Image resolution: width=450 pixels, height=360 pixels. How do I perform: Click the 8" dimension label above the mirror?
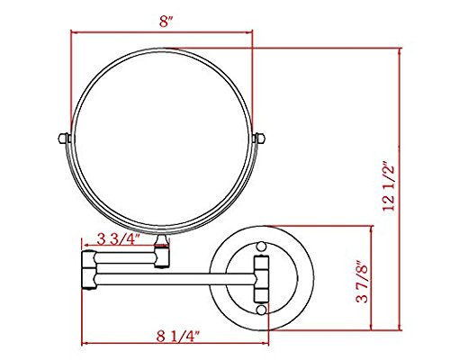pyautogui.click(x=166, y=22)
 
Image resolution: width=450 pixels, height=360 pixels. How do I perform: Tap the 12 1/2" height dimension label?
pyautogui.click(x=389, y=186)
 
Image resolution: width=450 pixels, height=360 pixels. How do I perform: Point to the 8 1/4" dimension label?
pyautogui.click(x=178, y=337)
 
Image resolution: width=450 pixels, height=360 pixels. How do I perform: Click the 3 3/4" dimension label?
pyautogui.click(x=119, y=239)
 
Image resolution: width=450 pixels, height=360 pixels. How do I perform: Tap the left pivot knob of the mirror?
pyautogui.click(x=64, y=138)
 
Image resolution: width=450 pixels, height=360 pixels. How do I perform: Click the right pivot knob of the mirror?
pyautogui.click(x=259, y=138)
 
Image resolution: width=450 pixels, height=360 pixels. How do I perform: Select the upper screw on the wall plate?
pyautogui.click(x=261, y=247)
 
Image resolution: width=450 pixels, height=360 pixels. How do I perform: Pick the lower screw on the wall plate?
pyautogui.click(x=261, y=310)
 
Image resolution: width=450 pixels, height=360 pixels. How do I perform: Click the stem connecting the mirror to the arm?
pyautogui.click(x=162, y=240)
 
